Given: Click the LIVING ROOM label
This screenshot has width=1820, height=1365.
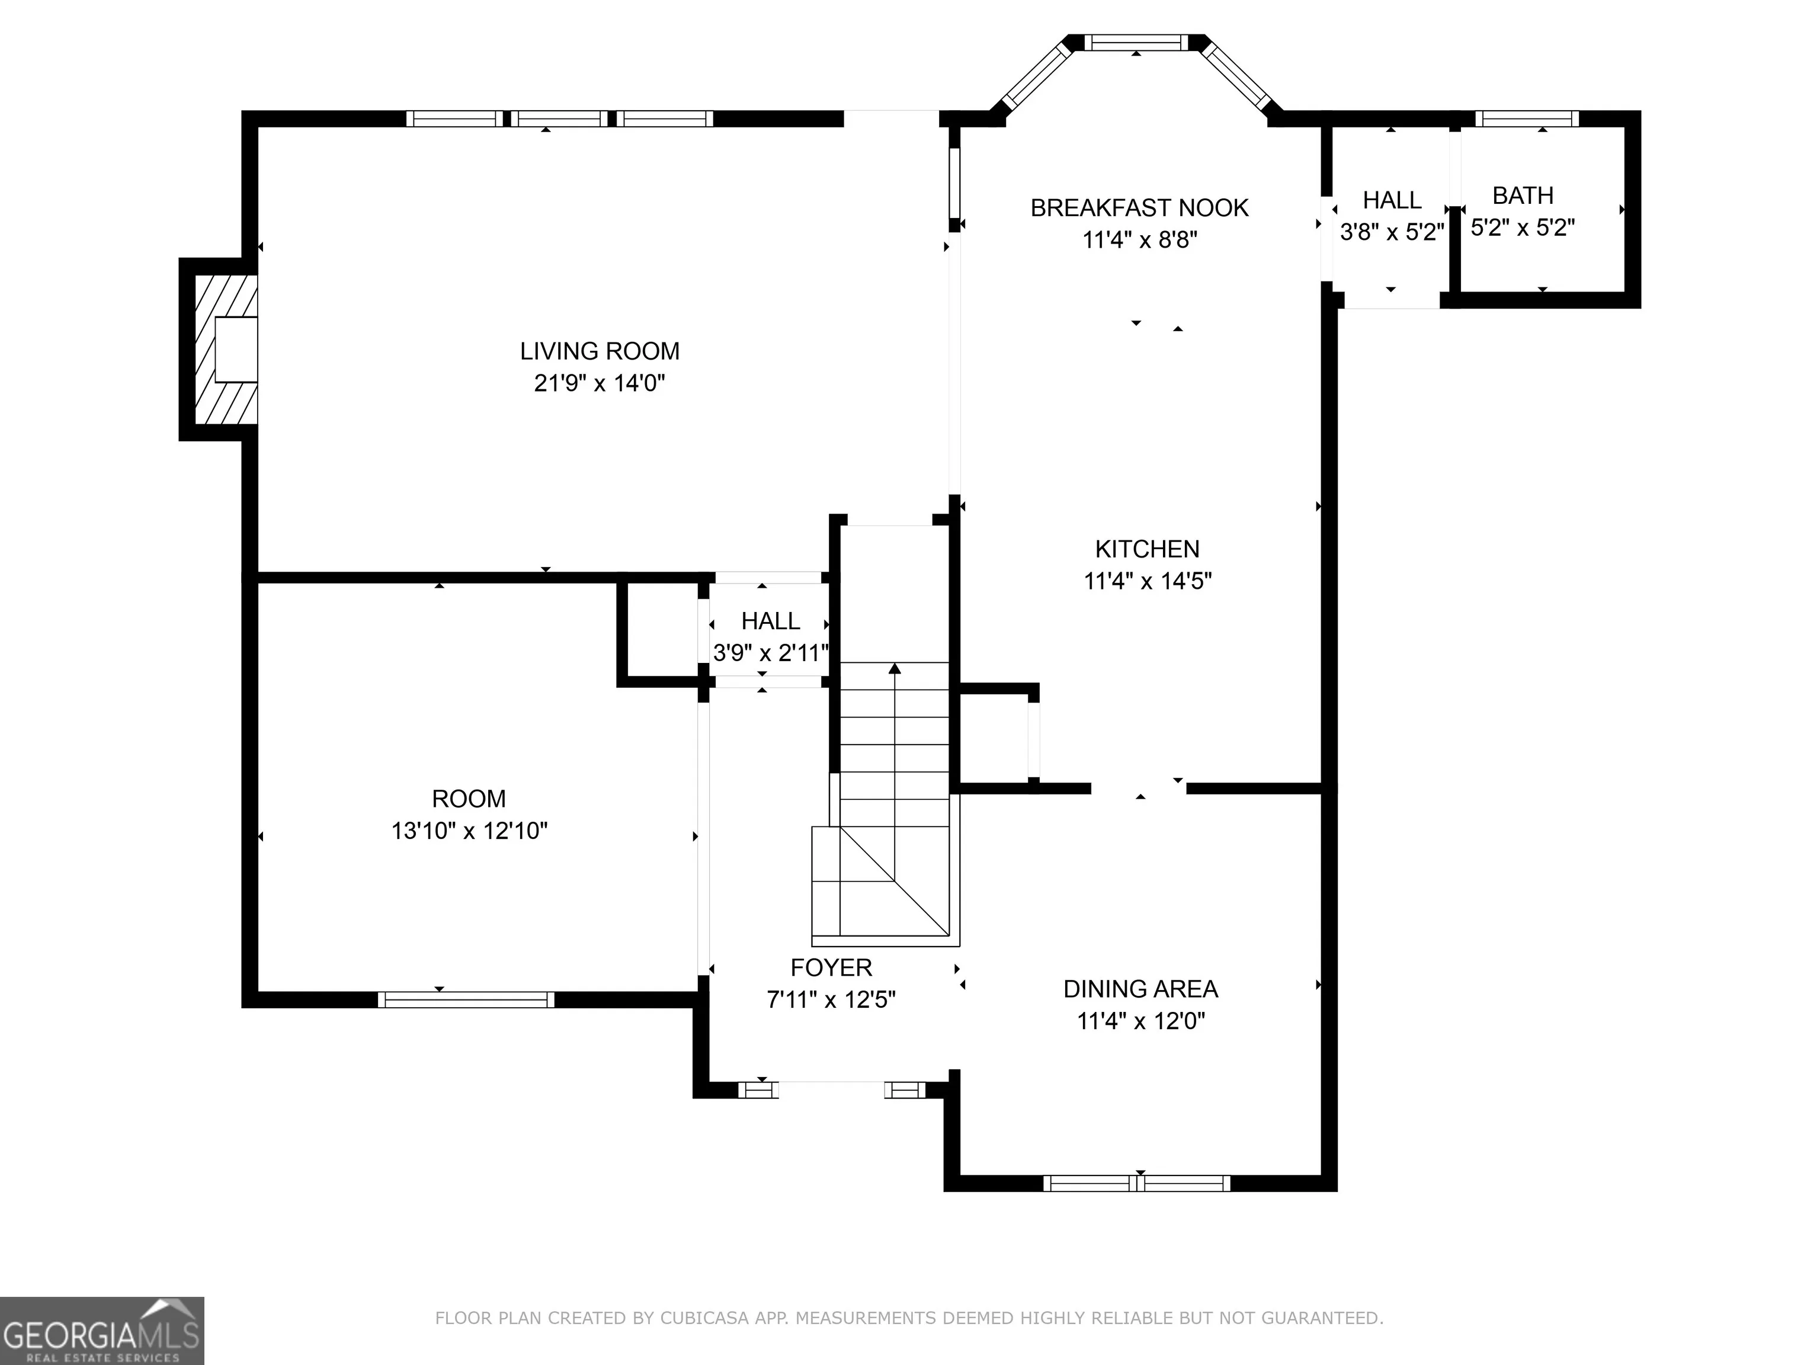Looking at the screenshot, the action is pos(600,351).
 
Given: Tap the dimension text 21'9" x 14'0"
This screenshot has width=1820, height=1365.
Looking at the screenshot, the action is pos(600,383).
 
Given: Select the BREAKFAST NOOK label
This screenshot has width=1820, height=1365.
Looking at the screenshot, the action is pos(1139,208).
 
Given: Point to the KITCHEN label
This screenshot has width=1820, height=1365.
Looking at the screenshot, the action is pos(1147,549).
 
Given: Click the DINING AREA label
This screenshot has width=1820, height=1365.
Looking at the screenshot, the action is pos(1140,989).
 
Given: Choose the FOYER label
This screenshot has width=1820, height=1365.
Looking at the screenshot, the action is pos(831,967).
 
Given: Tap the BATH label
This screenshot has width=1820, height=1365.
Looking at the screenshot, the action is pos(1523,196).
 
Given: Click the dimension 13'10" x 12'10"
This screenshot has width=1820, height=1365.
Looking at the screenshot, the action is pos(469,831).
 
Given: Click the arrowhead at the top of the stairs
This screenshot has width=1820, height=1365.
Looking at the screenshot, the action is pos(895,668).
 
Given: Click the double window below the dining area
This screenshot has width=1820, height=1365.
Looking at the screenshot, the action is pos(1137,1183).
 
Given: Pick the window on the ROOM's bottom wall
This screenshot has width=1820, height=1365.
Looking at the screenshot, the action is pos(466,999).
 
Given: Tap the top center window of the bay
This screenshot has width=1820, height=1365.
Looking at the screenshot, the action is pos(1136,43).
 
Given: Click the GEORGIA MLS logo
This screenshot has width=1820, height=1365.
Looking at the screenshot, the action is pos(102,1331).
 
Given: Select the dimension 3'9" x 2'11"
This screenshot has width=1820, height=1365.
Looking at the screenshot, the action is pos(770,653).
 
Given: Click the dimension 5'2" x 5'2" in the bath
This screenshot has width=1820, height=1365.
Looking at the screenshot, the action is pos(1523,228).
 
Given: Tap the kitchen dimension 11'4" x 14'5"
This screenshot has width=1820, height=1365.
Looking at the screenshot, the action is pos(1147,581).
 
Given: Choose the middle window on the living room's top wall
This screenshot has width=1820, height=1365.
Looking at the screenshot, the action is pos(559,118).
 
